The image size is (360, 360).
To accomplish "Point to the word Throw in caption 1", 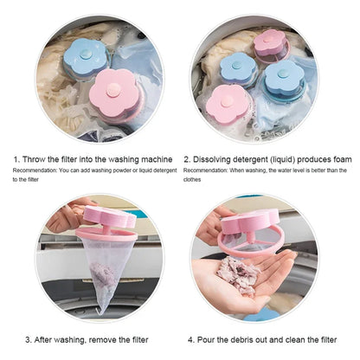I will (35, 158).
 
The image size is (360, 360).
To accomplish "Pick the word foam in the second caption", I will (341, 158).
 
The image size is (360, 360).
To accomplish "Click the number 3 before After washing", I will (29, 338).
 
